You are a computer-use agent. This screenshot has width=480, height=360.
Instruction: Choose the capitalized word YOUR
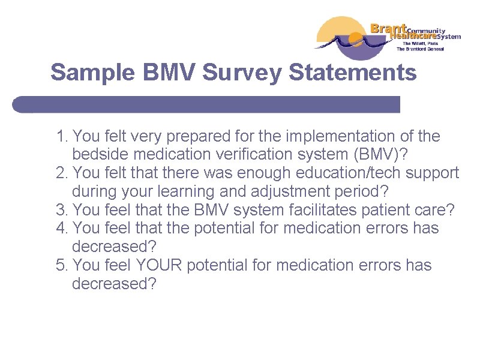tap(159, 265)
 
